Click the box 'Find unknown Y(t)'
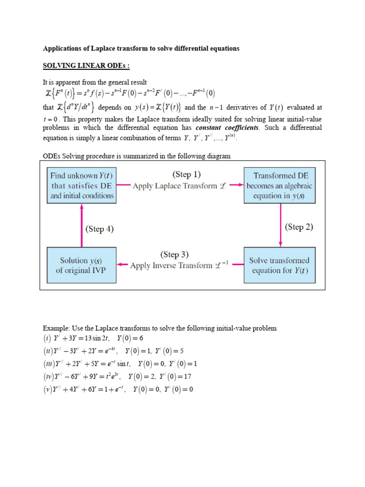click(82, 185)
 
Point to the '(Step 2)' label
click(299, 227)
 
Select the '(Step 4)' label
click(100, 229)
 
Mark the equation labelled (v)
click(118, 389)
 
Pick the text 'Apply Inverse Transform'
click(171, 265)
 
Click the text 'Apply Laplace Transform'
click(175, 186)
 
